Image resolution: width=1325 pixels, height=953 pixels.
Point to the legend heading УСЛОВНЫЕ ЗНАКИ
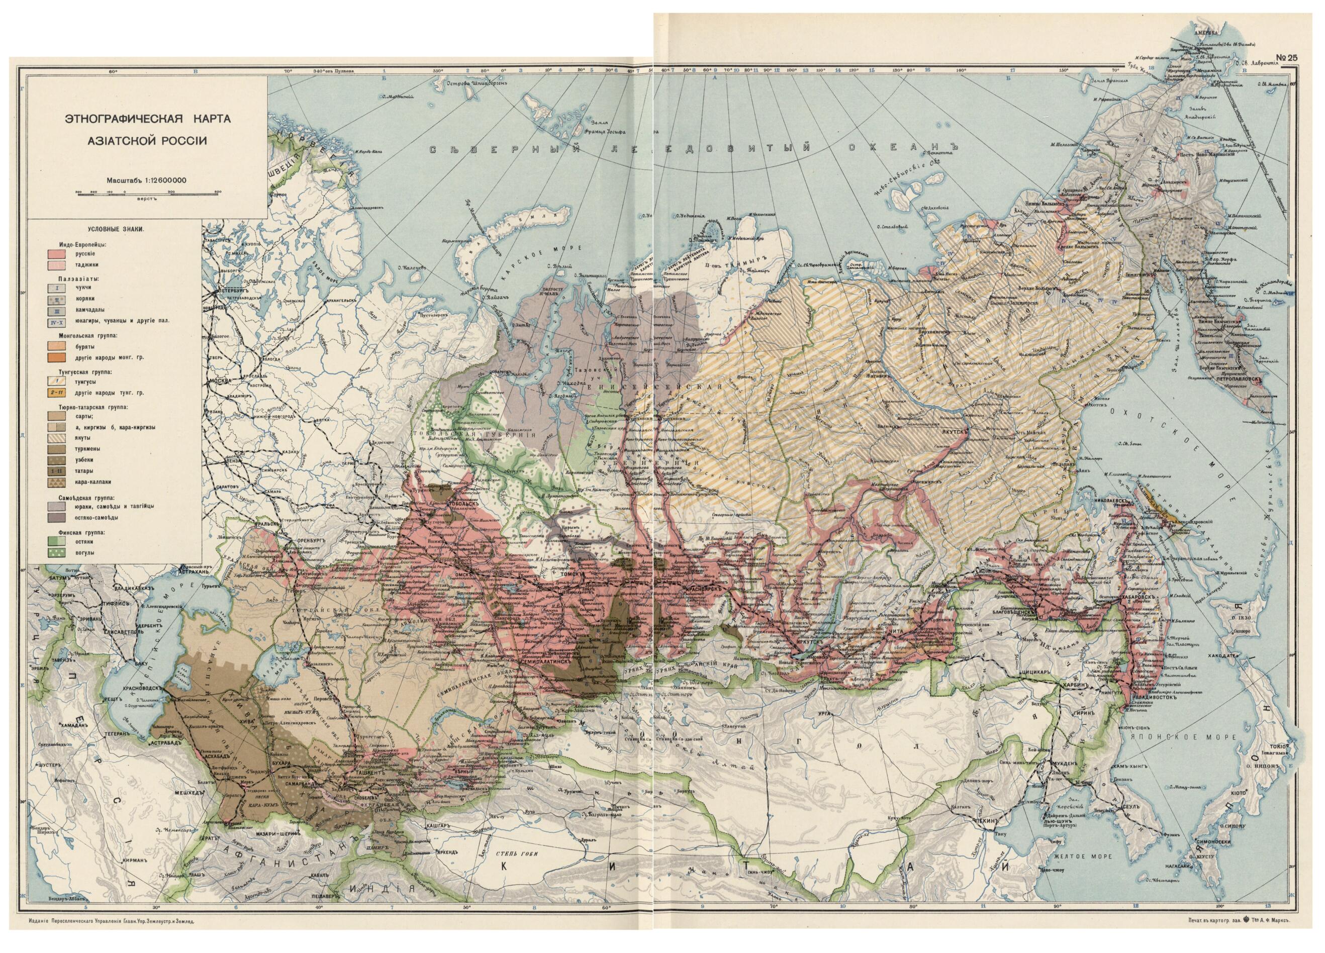(116, 230)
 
